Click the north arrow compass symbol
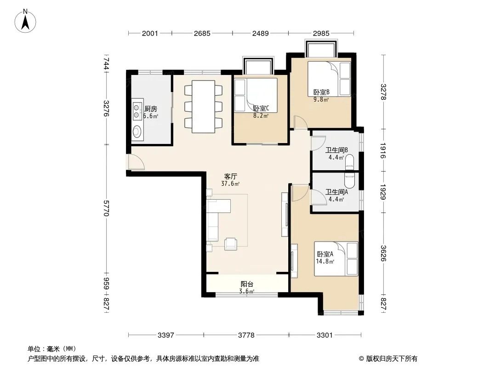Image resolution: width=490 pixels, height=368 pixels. (25, 21)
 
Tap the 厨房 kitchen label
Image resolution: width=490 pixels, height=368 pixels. (151, 109)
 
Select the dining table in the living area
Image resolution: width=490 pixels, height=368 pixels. (204, 107)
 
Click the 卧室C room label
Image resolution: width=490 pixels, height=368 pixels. (261, 108)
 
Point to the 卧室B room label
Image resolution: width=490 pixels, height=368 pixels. (321, 92)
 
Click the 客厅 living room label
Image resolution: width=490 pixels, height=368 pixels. (231, 176)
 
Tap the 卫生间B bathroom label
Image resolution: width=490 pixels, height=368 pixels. (336, 150)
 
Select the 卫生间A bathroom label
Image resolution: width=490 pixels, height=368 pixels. (336, 192)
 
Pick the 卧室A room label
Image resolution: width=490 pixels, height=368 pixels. (325, 254)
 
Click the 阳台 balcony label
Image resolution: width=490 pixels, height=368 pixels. (247, 284)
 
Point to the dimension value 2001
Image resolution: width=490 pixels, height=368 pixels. (150, 33)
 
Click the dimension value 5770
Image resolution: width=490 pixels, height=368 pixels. (106, 208)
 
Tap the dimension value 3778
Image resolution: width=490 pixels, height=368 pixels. (246, 335)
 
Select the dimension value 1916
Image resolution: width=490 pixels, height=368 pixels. (383, 151)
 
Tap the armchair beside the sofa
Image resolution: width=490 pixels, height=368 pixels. (231, 244)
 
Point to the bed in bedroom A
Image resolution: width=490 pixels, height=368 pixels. (336, 259)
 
